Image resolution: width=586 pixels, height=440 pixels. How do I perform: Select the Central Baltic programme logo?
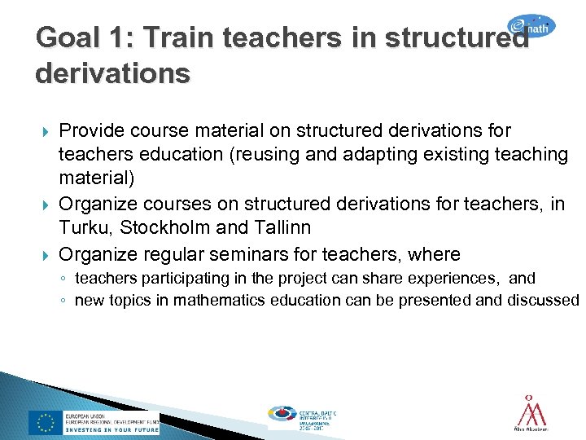pyautogui.click(x=302, y=416)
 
